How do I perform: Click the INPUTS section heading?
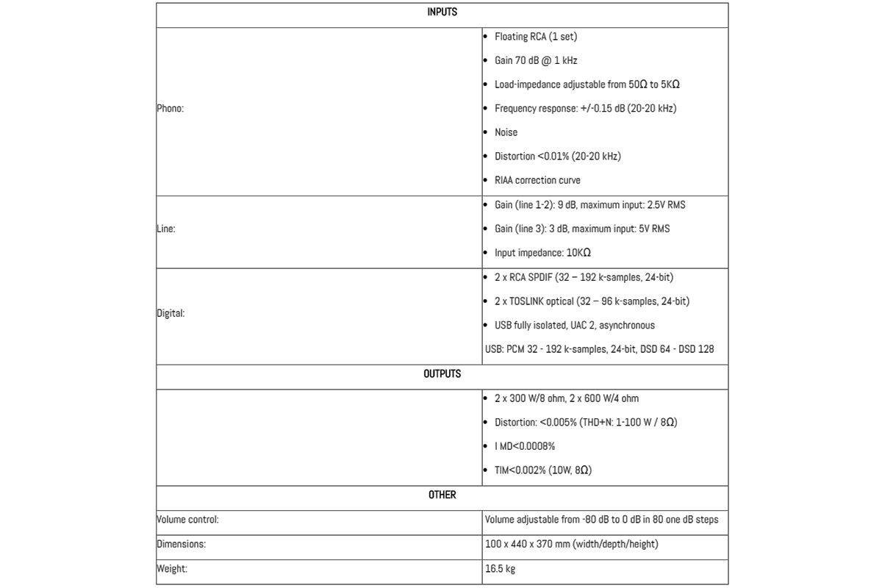(442, 12)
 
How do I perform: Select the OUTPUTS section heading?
(442, 374)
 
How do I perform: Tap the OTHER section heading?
(442, 495)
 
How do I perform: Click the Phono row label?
(170, 108)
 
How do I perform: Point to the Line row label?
(165, 229)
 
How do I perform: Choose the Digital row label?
(171, 313)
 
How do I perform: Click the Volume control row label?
(187, 520)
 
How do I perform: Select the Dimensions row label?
(181, 545)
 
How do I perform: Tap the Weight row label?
(172, 569)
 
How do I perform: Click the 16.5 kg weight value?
(500, 569)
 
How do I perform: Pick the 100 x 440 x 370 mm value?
(571, 545)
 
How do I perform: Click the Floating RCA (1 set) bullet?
(531, 36)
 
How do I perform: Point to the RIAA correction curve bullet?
(537, 180)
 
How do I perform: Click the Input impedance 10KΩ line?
(542, 253)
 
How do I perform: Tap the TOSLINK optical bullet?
(592, 301)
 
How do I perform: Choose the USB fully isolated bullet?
(574, 326)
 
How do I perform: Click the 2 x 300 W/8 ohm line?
(566, 398)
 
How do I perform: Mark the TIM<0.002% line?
(542, 470)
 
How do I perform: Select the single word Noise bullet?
(506, 132)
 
